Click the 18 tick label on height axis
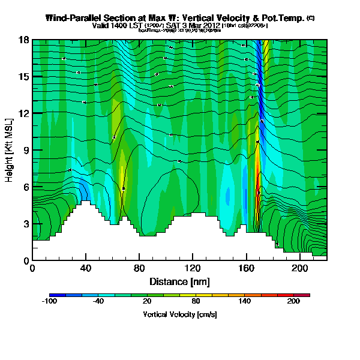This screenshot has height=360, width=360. [x=23, y=40]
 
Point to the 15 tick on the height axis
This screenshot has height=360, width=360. [x=23, y=76]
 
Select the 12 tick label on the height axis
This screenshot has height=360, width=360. [x=23, y=113]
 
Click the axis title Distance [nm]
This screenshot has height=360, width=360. [x=179, y=281]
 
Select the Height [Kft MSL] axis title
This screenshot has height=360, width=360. [x=10, y=150]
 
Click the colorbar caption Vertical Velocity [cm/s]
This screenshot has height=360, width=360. [x=179, y=314]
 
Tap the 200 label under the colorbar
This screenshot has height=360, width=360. [x=293, y=302]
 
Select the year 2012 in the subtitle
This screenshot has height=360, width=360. [x=211, y=26]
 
